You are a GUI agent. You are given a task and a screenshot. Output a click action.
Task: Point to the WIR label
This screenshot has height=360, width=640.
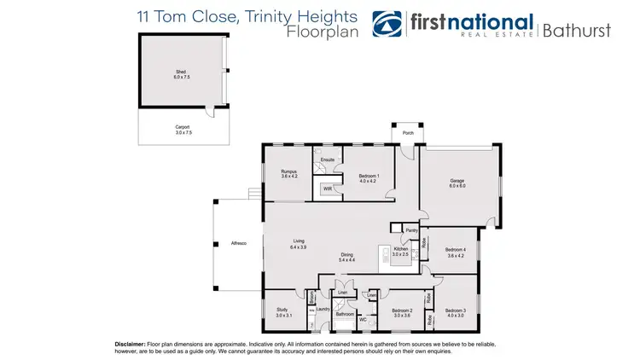pyautogui.click(x=327, y=189)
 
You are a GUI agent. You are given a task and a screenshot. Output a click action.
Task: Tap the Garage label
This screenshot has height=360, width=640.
pyautogui.click(x=457, y=181)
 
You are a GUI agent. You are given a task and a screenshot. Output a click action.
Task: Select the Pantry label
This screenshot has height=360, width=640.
pyautogui.click(x=411, y=230)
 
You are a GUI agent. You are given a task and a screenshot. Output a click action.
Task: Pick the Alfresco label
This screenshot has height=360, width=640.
pyautogui.click(x=239, y=244)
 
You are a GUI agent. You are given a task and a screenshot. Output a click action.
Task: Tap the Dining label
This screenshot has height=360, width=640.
pyautogui.click(x=347, y=256)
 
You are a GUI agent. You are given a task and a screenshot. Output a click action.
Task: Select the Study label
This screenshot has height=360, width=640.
pyautogui.click(x=283, y=312)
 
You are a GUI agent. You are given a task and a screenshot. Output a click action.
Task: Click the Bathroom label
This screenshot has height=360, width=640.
pyautogui.click(x=345, y=314)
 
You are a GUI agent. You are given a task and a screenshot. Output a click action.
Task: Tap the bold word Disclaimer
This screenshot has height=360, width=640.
pyautogui.click(x=131, y=343)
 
